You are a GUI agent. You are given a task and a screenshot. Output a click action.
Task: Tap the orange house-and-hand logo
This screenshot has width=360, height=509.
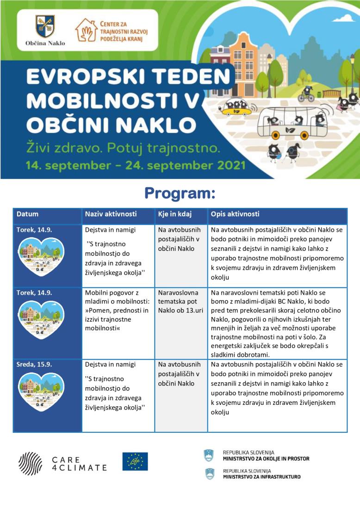coord(86,30)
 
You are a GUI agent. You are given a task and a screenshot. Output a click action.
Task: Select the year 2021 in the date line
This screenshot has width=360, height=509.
coord(228,165)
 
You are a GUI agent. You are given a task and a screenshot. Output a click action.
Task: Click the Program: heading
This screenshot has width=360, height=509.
coord(180,193)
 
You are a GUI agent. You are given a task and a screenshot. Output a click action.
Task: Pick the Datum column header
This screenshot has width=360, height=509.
coord(28,214)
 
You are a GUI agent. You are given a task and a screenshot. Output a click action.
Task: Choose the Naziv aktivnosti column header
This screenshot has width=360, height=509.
coord(111,214)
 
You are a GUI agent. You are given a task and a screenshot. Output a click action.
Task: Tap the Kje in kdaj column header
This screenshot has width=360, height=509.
coord(174,214)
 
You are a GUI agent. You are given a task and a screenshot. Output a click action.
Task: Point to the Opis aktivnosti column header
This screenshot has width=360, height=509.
coord(235,214)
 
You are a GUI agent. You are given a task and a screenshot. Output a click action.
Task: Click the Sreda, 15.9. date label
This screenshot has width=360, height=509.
coord(34,364)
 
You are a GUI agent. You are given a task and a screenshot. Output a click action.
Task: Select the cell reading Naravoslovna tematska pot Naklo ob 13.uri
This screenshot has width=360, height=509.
coord(180,301)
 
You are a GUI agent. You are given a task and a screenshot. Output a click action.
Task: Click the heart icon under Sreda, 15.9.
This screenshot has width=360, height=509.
coord(41,391)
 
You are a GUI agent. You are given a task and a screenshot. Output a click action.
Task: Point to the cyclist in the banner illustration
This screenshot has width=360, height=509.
coord(306,93)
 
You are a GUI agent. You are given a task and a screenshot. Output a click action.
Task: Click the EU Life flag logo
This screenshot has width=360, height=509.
coord(135,461)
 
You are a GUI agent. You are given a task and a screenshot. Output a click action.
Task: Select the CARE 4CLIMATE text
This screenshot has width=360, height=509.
coord(79,464)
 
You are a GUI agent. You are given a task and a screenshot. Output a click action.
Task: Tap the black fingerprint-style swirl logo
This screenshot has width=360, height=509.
coord(31,463)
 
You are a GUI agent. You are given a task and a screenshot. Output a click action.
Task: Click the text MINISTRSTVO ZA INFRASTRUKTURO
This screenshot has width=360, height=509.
coord(261,477)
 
